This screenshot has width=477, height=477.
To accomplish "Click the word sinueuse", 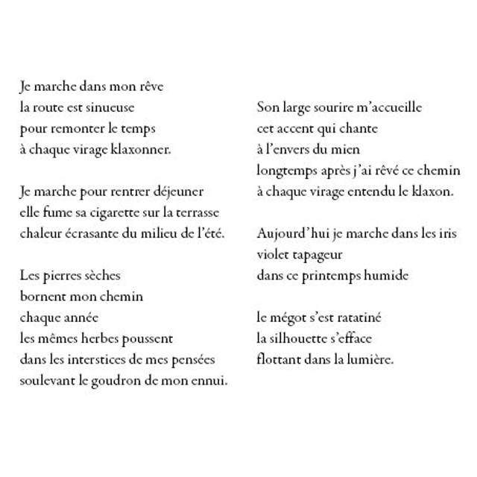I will pyautogui.click(x=110, y=107).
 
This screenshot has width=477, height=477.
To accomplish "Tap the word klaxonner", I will pyautogui.click(x=141, y=150).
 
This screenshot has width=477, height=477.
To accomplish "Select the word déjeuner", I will pyautogui.click(x=177, y=192).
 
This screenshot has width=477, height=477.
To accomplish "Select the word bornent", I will pyautogui.click(x=43, y=297).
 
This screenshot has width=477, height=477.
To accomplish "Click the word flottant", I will pyautogui.click(x=280, y=359).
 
